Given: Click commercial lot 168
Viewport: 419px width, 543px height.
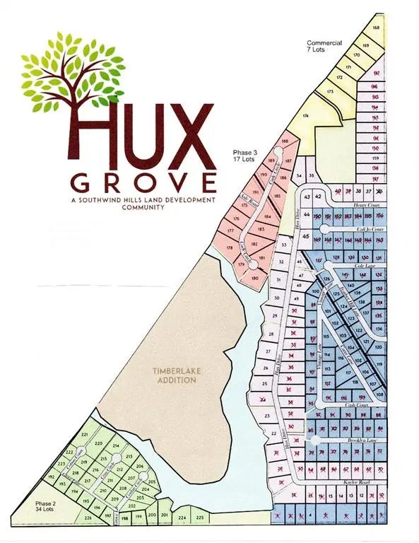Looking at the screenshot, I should pyautogui.click(x=376, y=28).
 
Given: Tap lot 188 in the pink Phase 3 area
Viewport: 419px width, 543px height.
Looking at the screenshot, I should pyautogui.click(x=285, y=142).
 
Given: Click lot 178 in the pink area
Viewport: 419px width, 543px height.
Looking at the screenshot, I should pyautogui.click(x=229, y=247).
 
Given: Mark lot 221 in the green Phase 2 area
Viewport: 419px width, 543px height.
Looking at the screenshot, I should pyautogui.click(x=85, y=433).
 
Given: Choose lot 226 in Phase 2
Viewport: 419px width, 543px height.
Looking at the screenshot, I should pyautogui.click(x=88, y=519).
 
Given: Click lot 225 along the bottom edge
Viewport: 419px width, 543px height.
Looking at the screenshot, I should pyautogui.click(x=200, y=518).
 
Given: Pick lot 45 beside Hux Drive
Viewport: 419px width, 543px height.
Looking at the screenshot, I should pyautogui.click(x=306, y=237).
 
